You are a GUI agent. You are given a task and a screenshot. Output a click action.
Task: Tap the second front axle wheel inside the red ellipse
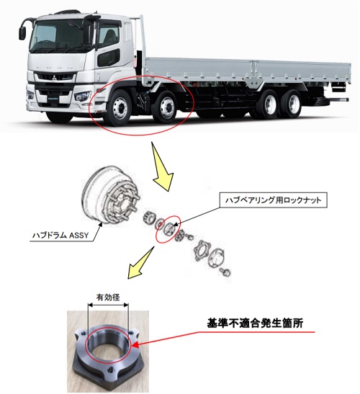pos(165,107)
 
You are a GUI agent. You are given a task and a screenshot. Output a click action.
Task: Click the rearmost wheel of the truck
pos(292,103)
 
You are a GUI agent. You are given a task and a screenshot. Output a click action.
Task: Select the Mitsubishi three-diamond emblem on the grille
pos(55,78)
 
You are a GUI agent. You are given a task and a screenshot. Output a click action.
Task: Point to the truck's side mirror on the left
pos(22,33)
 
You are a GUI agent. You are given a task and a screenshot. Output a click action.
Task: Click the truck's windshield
pos(58,36)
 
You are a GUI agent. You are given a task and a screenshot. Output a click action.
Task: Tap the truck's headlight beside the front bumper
pos(82,97)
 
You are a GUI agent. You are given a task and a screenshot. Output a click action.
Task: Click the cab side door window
pos(108,37)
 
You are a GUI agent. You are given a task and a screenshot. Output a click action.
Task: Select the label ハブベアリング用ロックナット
pos(273,200)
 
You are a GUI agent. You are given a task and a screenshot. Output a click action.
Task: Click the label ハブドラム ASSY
pos(60,236)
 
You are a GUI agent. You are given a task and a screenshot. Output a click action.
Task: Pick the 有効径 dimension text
pos(108,297)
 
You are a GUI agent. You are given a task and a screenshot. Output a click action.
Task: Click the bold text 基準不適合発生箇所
pos(255,323)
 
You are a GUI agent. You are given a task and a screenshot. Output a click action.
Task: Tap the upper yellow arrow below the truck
pos(162,168)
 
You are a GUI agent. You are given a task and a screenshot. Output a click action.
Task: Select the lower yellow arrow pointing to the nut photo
pos(140,264)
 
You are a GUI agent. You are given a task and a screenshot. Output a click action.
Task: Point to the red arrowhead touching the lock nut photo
pos(135,345)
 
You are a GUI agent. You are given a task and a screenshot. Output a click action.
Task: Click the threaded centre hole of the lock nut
pos(108,345)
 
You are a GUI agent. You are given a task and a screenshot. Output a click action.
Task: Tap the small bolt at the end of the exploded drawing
pos(225,272)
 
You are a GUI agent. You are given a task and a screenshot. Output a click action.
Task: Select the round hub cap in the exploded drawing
pos(215,259)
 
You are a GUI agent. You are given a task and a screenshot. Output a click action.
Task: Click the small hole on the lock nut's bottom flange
pos(109,370)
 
